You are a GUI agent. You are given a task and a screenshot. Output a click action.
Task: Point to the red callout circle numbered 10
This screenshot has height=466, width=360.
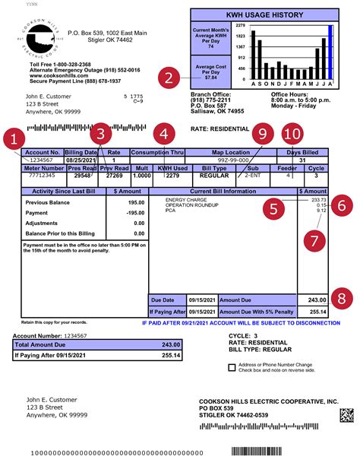click(292, 134)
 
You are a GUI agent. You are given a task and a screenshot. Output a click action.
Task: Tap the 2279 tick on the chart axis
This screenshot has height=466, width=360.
click(240, 25)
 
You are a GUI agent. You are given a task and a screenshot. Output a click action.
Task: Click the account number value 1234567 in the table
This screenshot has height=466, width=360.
click(41, 161)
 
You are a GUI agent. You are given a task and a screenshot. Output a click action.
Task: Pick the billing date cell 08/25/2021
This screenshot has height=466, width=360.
click(81, 161)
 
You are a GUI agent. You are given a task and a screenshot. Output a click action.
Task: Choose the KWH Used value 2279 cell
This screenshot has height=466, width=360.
click(172, 174)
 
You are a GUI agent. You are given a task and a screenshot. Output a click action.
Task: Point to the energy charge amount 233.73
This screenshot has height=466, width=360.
click(317, 200)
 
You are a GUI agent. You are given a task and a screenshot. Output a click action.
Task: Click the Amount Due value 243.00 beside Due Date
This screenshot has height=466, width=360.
click(311, 300)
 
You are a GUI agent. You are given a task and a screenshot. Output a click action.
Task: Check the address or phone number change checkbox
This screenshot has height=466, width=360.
click(232, 366)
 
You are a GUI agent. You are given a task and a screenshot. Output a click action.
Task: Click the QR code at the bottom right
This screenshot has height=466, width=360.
click(346, 417)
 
